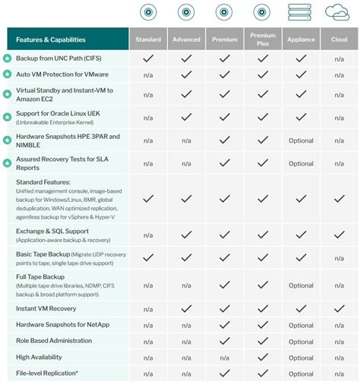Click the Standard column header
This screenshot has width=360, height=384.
click(x=148, y=39)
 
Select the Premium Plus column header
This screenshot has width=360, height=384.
click(x=263, y=39)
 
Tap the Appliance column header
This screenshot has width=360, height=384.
click(x=301, y=39)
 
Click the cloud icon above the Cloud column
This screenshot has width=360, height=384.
click(x=338, y=12)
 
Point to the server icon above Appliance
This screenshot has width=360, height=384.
click(x=301, y=12)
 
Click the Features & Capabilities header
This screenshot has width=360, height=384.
click(x=51, y=39)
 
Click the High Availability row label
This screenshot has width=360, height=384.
click(x=39, y=357)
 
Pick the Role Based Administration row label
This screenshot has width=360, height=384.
click(x=55, y=341)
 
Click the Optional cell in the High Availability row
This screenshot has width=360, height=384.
click(x=301, y=357)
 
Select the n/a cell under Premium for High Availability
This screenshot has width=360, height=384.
click(x=224, y=357)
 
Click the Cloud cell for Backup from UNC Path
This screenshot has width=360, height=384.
click(x=339, y=58)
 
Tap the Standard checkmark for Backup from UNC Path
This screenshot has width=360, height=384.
click(x=148, y=58)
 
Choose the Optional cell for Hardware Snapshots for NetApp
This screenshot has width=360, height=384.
click(x=301, y=325)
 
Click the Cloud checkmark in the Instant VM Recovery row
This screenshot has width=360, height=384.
click(x=339, y=309)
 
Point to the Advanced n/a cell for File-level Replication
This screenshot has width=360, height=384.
click(x=186, y=373)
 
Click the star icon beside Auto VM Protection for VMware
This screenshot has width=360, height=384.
click(x=8, y=74)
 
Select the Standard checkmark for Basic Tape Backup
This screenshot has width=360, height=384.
click(x=148, y=257)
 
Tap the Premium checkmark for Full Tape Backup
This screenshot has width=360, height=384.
click(x=224, y=285)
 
